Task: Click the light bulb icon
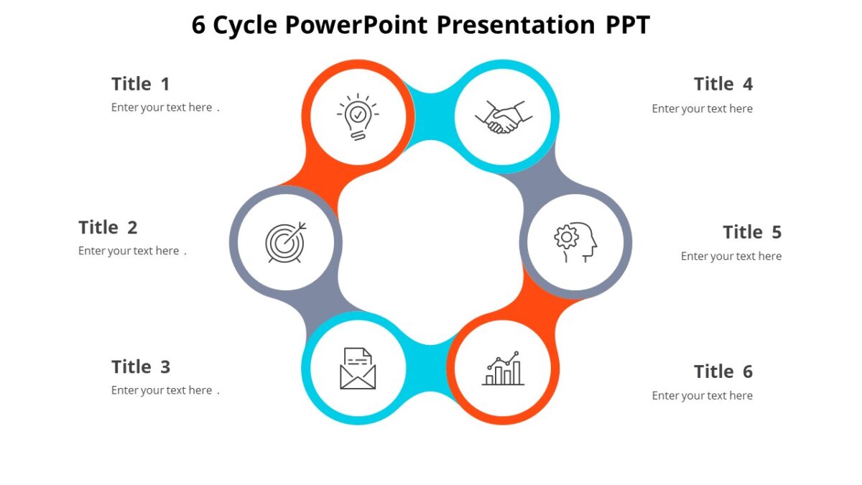coord(358,116)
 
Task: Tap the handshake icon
coord(503,117)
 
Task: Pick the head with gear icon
coord(575,241)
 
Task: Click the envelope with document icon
coord(358,368)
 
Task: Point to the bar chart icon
coord(503,368)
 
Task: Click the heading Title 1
coord(141,84)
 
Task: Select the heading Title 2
coord(108,228)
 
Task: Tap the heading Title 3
coord(141,367)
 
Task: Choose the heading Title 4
coord(723,84)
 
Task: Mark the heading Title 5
coord(751,232)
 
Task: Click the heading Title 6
coord(723,371)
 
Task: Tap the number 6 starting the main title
coord(199,25)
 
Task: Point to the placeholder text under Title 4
coord(702,109)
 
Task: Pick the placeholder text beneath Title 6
coord(702,396)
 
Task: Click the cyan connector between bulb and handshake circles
coord(430,115)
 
